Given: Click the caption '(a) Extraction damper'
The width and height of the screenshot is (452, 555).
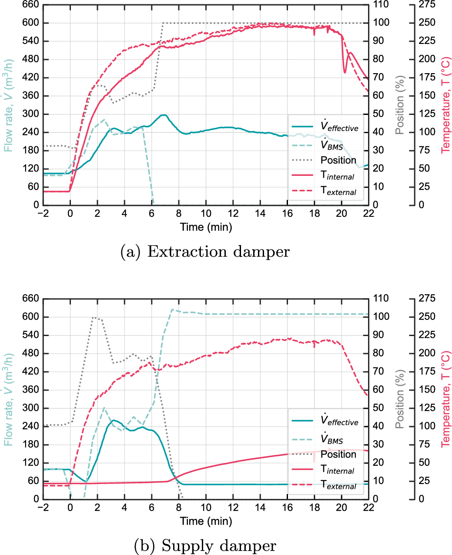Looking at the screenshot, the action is [205, 252].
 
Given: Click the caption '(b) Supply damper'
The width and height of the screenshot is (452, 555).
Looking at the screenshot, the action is [205, 545].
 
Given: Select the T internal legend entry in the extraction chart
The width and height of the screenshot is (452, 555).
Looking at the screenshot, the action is [323, 175].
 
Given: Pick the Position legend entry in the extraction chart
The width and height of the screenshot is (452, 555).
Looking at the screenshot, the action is [324, 160].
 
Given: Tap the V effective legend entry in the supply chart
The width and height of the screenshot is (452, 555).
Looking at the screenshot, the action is [325, 421].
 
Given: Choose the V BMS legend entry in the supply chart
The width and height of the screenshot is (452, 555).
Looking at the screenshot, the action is [318, 439].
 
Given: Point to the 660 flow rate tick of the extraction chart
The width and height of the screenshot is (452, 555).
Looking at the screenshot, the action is [30, 4].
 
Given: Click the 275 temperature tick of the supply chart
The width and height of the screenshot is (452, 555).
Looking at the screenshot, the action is [427, 298].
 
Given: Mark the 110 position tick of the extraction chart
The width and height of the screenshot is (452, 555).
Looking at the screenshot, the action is [381, 4].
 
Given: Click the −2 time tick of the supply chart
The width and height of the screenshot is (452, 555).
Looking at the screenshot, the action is [43, 507].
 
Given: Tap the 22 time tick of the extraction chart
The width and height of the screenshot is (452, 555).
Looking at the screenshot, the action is [368, 214].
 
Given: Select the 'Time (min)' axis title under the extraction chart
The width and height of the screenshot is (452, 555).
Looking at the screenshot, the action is [206, 227].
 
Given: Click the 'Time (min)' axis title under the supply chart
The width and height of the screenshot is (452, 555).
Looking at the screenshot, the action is [206, 521].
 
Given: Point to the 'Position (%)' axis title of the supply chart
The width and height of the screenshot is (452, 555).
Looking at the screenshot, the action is [400, 399].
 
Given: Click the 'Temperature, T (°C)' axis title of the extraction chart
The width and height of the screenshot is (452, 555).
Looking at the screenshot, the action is [446, 105].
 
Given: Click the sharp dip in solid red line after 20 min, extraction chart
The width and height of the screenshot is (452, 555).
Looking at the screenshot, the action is [345, 72].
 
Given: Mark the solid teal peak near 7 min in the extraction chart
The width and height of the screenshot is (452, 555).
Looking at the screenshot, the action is [164, 115].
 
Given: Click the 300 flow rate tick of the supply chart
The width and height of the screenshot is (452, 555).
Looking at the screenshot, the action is [30, 408].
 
